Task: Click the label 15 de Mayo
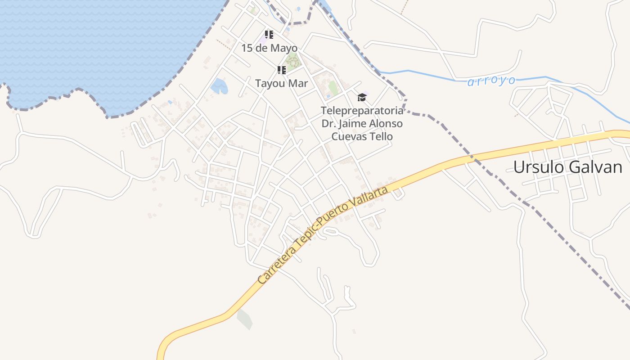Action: (x=269, y=48)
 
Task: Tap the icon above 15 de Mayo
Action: (x=269, y=35)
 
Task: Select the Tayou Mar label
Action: (x=281, y=83)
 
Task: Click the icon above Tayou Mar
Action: (x=282, y=70)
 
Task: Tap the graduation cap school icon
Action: (x=362, y=97)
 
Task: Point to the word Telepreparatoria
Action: (x=362, y=110)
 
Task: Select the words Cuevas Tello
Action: (x=362, y=136)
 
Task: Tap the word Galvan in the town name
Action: (x=596, y=167)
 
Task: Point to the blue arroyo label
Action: (x=491, y=81)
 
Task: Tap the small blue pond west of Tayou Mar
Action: (x=219, y=86)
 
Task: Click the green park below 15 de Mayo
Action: (x=292, y=60)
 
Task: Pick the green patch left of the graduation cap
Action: (x=333, y=87)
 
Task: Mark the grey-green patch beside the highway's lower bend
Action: (x=244, y=319)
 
